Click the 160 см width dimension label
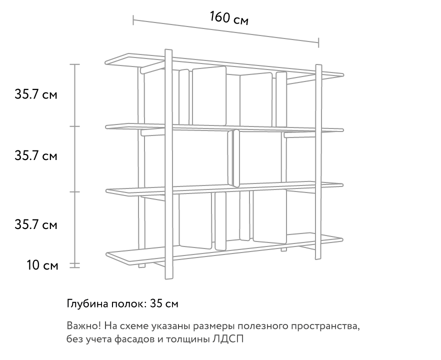229,18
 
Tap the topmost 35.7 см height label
35,94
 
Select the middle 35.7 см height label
35,155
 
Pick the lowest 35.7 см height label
35,224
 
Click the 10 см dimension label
42,265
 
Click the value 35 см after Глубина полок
164,304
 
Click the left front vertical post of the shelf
168,164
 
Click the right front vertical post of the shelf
318,162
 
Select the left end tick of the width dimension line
133,20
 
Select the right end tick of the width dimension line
318,43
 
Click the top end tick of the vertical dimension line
74,64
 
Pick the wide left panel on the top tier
209,96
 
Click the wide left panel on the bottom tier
195,220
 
